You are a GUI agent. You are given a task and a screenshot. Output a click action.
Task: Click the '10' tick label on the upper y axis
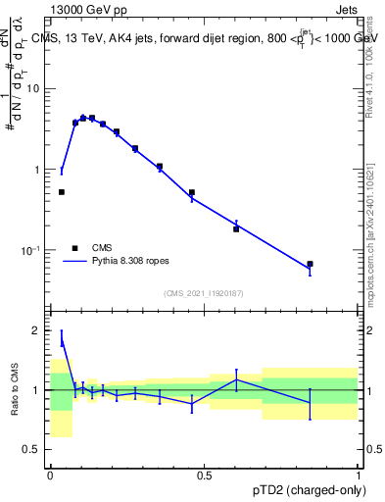point(34,89)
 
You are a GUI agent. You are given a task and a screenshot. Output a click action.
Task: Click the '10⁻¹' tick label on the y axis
point(31,251)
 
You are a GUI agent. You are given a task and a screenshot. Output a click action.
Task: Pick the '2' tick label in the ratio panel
point(38,331)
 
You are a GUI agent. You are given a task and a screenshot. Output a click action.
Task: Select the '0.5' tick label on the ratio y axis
point(33,450)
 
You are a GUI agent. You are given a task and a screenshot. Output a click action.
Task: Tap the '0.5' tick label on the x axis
point(205,475)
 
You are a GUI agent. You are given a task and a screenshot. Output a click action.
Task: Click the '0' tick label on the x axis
point(50,475)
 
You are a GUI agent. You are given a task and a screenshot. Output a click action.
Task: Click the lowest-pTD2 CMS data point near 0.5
point(62,192)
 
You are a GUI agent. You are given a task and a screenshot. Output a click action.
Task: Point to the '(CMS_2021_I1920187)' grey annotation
point(204,292)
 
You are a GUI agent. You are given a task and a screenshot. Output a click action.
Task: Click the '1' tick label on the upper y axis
point(38,170)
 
